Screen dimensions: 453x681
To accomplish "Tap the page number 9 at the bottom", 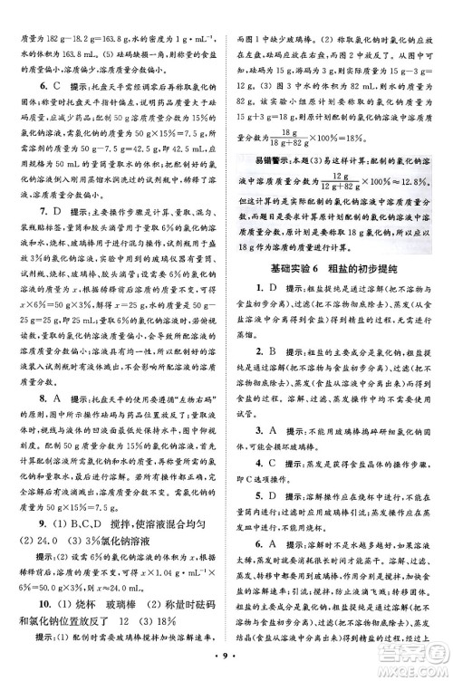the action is coord(226,668).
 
